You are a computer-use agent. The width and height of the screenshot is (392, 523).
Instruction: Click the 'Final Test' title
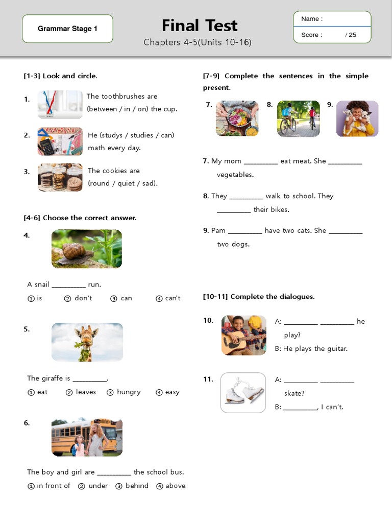click(x=200, y=26)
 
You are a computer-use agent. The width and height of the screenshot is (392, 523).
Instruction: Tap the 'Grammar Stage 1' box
click(x=67, y=29)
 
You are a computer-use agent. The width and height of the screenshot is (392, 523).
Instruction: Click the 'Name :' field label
click(x=312, y=19)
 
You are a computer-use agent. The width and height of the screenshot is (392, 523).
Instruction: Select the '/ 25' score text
click(x=351, y=35)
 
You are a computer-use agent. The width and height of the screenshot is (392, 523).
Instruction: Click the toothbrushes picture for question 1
click(x=60, y=104)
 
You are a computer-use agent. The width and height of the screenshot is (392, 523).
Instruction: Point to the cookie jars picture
click(x=60, y=177)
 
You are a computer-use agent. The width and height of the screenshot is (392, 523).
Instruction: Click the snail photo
click(x=87, y=249)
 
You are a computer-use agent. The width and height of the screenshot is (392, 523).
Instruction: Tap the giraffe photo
click(x=87, y=342)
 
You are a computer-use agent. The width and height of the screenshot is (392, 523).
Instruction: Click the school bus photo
click(x=87, y=437)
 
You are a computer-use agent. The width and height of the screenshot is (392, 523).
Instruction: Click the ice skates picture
click(x=243, y=393)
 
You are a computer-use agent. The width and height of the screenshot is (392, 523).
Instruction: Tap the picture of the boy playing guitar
click(x=243, y=335)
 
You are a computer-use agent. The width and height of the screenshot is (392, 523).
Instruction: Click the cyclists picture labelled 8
click(x=298, y=118)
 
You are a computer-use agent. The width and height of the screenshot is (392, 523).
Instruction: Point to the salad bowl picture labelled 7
click(x=237, y=118)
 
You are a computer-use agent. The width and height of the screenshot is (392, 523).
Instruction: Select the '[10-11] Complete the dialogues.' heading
click(x=259, y=296)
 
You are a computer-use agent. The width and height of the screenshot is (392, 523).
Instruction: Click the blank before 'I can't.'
click(x=300, y=408)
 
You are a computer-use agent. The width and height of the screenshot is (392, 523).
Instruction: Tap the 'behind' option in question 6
click(x=137, y=486)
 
